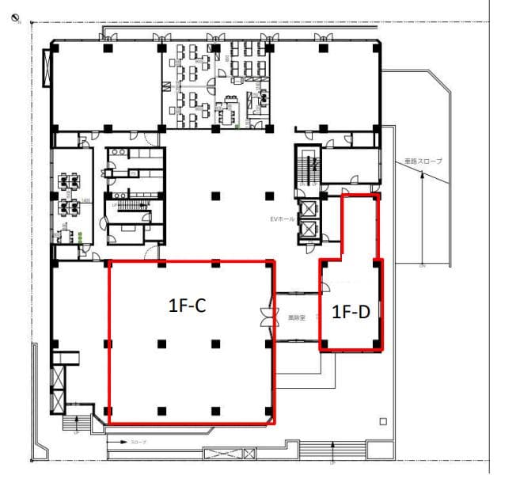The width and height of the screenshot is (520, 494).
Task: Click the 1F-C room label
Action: click(x=188, y=306)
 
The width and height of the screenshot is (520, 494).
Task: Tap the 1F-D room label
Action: click(x=350, y=312)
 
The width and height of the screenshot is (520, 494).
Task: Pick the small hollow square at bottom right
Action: click(x=383, y=420)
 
